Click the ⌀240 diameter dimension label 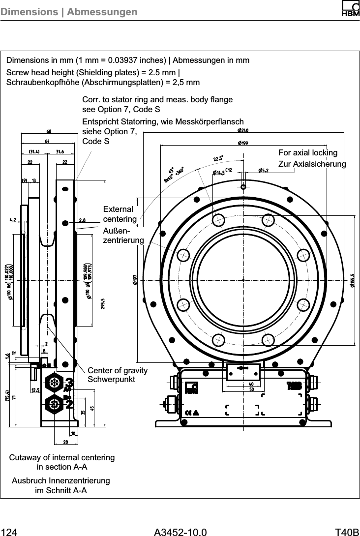242,131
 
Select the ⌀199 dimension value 242,143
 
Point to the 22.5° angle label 218,159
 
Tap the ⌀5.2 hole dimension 263,171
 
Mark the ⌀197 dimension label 134,279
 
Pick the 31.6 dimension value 62,151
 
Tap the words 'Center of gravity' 117,370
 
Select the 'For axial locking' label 308,152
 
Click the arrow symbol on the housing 242,368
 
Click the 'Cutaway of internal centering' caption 62,457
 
